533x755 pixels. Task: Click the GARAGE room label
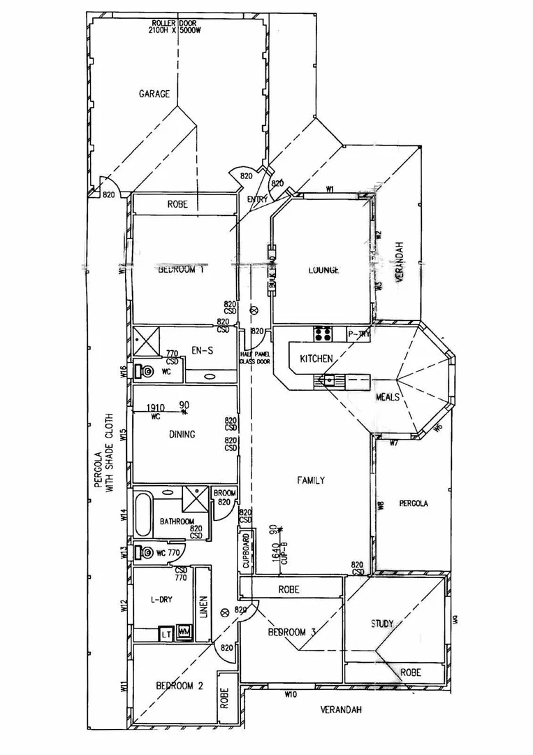coord(154,94)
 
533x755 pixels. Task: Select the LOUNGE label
coord(322,270)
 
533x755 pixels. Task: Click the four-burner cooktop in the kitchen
coord(322,334)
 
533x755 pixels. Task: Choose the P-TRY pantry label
coord(359,335)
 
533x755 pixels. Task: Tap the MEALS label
coord(388,396)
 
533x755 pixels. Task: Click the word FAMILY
coord(310,480)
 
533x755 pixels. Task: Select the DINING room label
coord(182,434)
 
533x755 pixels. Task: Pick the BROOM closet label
coord(224,493)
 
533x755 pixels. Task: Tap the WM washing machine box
coord(184,632)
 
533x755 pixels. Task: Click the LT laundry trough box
coord(166,634)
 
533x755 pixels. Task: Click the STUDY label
coord(381,624)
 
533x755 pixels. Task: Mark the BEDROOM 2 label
coord(179,686)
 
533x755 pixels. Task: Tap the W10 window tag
coord(291,694)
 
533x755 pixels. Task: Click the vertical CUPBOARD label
coord(245,554)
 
